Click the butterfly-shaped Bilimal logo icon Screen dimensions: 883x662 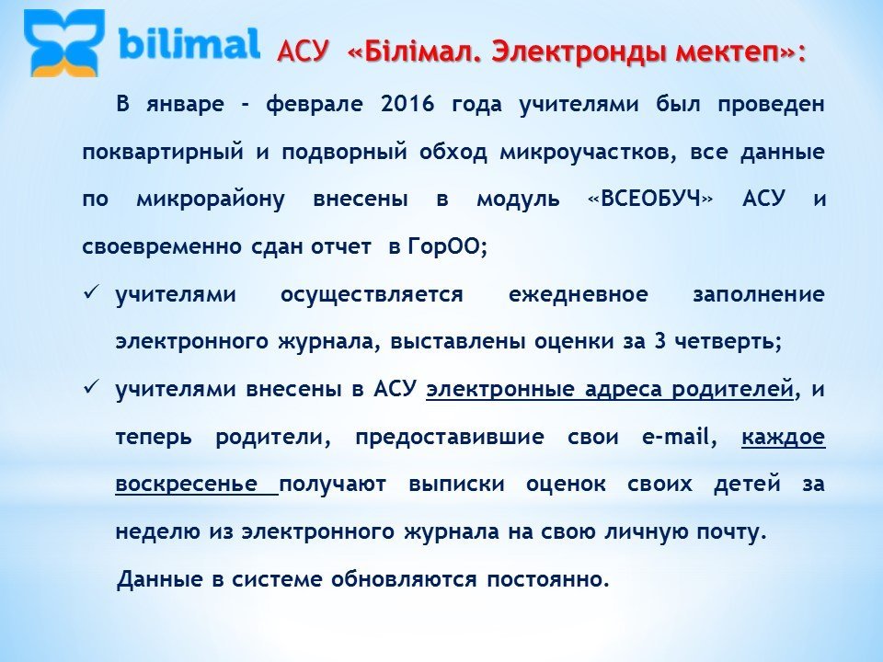tap(64, 44)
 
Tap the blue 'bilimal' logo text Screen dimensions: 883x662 tap(189, 44)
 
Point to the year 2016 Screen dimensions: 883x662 tap(407, 104)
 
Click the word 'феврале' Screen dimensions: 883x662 tap(315, 105)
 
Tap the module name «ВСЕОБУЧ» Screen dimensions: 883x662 tap(650, 200)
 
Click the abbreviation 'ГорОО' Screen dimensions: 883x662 tap(444, 246)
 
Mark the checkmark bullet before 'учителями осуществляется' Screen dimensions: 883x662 tap(91, 292)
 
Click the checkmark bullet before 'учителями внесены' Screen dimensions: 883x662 tap(91, 388)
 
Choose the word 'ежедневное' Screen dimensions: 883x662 tap(579, 295)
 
